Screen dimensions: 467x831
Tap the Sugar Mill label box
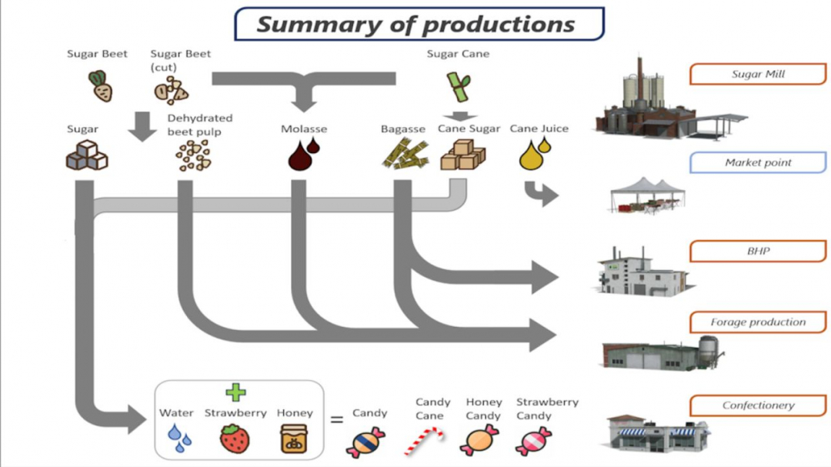(757, 75)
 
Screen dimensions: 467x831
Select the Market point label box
(757, 162)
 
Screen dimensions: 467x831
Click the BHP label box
(757, 252)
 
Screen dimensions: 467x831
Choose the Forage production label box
(757, 322)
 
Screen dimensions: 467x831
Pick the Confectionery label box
(757, 405)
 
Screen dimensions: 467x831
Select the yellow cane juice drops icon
(535, 154)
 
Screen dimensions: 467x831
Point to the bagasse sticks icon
(404, 155)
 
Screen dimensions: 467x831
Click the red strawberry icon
(235, 439)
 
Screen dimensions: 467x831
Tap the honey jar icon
(295, 439)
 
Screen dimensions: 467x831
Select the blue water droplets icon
(180, 439)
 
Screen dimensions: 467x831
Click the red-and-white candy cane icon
(425, 442)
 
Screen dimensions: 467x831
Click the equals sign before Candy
(336, 420)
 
